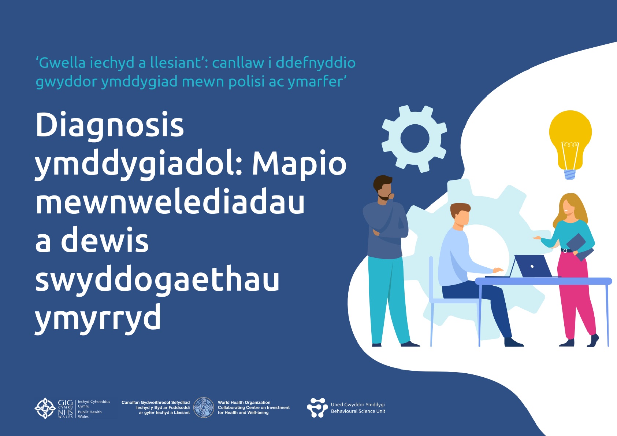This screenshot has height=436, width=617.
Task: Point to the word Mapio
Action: coord(299,165)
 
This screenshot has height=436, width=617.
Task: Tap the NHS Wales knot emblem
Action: coord(45,408)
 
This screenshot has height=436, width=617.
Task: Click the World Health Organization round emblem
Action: coord(204,408)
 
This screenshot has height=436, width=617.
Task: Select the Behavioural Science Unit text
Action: coord(358,411)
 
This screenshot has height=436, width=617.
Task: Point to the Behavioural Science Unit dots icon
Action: coord(317,408)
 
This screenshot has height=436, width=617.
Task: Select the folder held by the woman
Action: coord(580,247)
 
